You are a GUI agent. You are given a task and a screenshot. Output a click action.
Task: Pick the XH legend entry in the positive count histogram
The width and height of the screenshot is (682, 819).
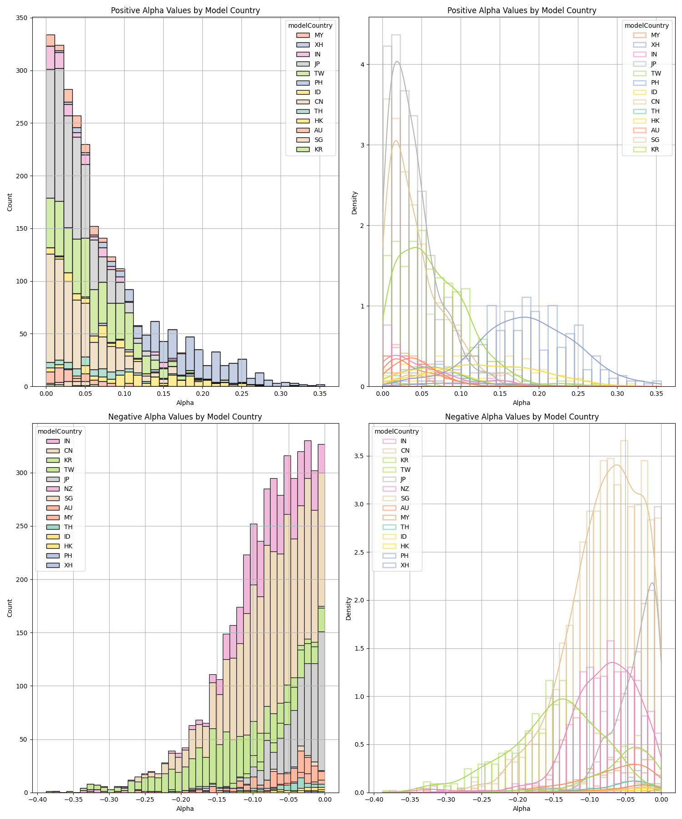tap(318, 45)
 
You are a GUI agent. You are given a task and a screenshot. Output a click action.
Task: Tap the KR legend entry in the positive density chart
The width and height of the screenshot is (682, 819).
tap(655, 149)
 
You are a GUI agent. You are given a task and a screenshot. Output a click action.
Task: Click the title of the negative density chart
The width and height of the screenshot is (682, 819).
tap(522, 416)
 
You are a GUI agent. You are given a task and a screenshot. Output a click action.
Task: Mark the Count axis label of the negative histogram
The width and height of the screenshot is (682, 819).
tap(10, 608)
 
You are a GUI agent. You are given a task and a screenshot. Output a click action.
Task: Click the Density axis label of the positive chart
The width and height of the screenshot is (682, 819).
tap(355, 202)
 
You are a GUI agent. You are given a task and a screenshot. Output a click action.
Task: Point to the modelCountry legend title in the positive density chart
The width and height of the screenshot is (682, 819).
tap(647, 25)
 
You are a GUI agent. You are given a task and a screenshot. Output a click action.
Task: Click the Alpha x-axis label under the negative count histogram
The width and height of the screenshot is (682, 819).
tap(185, 809)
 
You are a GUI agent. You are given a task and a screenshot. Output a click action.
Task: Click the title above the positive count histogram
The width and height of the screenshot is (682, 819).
tap(185, 10)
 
